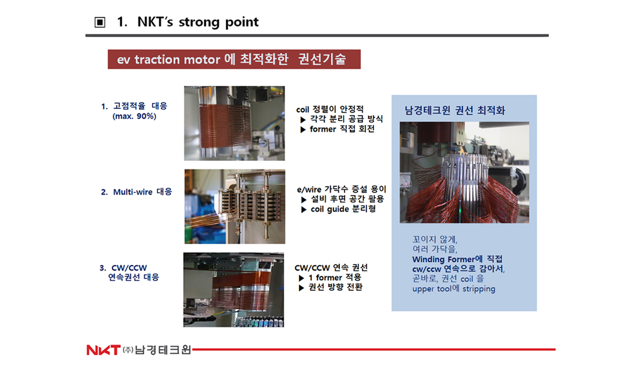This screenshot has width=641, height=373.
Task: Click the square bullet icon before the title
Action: [100, 22]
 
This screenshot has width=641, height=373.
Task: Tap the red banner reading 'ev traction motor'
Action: [234, 59]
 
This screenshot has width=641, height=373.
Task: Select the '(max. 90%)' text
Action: [134, 116]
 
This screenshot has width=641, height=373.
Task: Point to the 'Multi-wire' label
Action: [133, 192]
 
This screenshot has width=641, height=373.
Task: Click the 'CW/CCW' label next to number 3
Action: [129, 268]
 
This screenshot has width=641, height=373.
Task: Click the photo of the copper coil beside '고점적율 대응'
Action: [234, 123]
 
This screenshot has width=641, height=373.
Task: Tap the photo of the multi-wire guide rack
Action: [234, 206]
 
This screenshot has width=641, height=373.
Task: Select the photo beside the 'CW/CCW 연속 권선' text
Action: [233, 290]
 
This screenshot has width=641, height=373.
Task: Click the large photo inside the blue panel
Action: [464, 172]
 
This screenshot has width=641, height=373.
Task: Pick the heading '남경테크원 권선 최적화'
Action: [455, 110]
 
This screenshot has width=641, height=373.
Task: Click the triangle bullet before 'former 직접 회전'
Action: [303, 130]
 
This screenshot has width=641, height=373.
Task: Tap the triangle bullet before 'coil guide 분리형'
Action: [303, 209]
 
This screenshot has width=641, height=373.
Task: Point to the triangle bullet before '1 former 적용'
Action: [301, 278]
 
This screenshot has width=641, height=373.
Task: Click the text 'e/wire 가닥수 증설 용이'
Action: [341, 189]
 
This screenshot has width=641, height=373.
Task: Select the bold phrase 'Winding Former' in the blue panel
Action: [443, 259]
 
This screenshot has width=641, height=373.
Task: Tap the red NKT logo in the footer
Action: [103, 350]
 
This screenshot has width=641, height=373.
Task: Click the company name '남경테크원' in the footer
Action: [162, 349]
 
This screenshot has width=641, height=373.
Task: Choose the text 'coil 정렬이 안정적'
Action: [330, 110]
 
